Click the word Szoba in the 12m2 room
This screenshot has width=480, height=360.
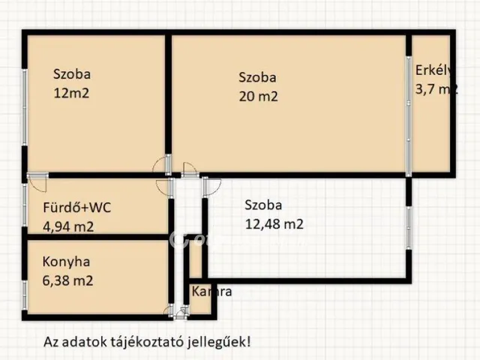tap(72, 74)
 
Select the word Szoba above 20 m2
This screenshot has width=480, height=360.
tap(258, 76)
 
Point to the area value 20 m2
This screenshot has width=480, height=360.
tap(259, 96)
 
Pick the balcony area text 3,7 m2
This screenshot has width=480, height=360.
tap(436, 89)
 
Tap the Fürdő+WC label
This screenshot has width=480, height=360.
tap(77, 208)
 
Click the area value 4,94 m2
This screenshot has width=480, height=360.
tap(68, 226)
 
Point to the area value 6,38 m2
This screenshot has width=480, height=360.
tap(68, 281)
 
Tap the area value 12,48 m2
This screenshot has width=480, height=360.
tap(274, 223)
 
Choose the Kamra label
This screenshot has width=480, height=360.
tap(211, 291)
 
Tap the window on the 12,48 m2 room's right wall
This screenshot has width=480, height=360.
tap(409, 225)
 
